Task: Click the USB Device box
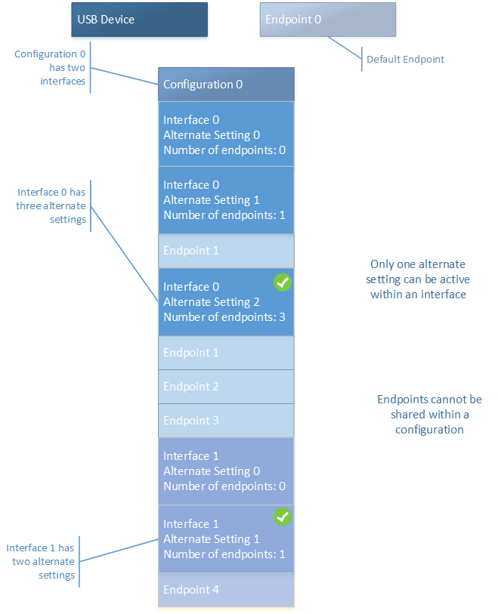tap(139, 20)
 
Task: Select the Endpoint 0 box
tap(327, 20)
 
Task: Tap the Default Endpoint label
tap(405, 59)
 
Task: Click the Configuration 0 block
tap(225, 84)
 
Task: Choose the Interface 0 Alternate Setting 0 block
tap(225, 134)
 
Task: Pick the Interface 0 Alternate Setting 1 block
tap(225, 200)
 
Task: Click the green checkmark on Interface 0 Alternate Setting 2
tap(282, 282)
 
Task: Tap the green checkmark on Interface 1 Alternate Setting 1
tap(282, 517)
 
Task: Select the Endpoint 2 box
tap(225, 387)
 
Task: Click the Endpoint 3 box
tap(225, 421)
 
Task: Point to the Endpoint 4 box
tap(225, 590)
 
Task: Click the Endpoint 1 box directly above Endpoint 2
tap(225, 353)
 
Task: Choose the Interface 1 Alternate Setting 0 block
tap(225, 471)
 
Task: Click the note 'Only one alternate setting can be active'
tap(417, 279)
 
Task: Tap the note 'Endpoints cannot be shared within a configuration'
tap(428, 414)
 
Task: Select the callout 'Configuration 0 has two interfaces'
tap(50, 68)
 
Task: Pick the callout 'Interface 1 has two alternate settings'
tap(41, 561)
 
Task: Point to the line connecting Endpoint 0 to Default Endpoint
tap(345, 48)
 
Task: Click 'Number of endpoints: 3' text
tap(224, 317)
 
